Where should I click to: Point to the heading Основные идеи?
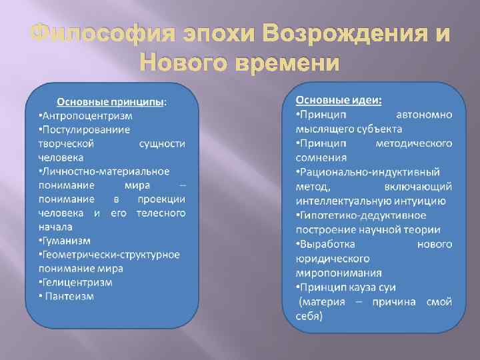coord(339,99)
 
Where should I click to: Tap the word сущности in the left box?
coord(163,143)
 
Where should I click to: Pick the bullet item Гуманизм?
coord(65,240)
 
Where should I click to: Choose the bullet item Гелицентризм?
coord(76,282)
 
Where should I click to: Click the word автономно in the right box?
coord(424,115)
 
